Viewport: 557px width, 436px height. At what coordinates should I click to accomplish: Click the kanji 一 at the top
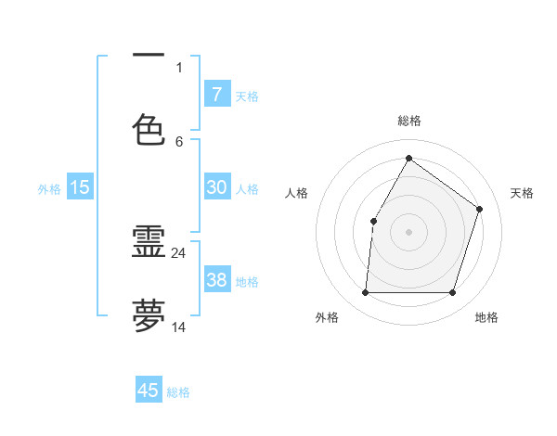149,55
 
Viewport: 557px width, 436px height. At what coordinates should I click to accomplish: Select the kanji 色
149,129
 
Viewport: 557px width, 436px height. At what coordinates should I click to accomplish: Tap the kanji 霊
149,242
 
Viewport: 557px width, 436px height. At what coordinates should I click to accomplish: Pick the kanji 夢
149,316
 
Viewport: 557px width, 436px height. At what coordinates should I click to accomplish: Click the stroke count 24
179,252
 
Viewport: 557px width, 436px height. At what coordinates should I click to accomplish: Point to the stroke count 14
179,327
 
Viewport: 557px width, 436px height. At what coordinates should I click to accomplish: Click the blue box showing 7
216,95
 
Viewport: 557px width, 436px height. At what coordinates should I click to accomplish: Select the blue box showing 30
216,187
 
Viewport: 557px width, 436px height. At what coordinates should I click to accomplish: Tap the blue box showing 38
216,280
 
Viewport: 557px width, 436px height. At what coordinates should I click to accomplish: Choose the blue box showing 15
80,187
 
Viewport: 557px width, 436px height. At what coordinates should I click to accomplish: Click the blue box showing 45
149,391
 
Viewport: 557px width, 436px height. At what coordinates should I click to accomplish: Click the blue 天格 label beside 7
247,96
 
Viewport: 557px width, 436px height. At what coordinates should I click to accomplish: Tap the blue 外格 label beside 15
49,188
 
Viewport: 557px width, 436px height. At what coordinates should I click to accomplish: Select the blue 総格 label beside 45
178,392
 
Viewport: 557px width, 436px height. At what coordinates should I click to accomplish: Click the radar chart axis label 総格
408,121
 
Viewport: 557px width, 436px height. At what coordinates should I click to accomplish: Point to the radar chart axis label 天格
522,193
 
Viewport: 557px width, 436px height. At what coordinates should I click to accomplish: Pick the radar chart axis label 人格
297,193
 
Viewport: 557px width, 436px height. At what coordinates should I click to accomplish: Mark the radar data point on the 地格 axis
453,293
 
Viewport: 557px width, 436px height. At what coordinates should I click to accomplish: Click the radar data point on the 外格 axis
365,293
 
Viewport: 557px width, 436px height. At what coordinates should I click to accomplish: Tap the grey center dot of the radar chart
408,231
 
